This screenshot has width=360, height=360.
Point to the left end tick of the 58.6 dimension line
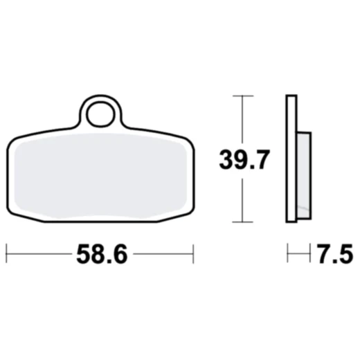[x=7, y=254]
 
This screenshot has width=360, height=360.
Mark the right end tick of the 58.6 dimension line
[x=194, y=254]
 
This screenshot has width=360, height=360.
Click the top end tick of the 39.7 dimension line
[x=240, y=96]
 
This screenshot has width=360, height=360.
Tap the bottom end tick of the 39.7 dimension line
[x=240, y=222]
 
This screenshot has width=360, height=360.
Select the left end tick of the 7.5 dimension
[x=287, y=253]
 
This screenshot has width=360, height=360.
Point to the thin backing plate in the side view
[x=291, y=159]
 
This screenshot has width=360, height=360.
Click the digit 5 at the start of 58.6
[x=82, y=255]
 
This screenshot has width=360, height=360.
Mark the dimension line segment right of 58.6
[x=163, y=254]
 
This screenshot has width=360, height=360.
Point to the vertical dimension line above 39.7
[x=240, y=121]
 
